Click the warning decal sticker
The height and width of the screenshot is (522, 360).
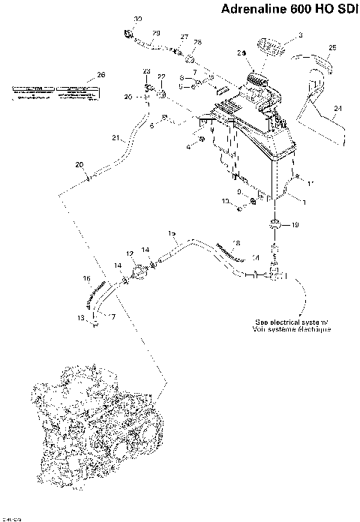(x=52, y=92)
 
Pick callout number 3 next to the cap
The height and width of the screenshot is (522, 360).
(x=300, y=35)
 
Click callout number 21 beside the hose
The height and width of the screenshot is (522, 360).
(x=115, y=138)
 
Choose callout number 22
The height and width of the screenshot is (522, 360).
(x=160, y=77)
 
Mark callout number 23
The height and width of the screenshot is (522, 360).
(x=147, y=70)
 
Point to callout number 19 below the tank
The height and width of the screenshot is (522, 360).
(x=295, y=224)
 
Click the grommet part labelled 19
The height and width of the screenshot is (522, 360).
(x=275, y=224)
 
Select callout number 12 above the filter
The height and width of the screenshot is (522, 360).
(x=129, y=254)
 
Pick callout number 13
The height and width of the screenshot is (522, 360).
(x=80, y=317)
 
